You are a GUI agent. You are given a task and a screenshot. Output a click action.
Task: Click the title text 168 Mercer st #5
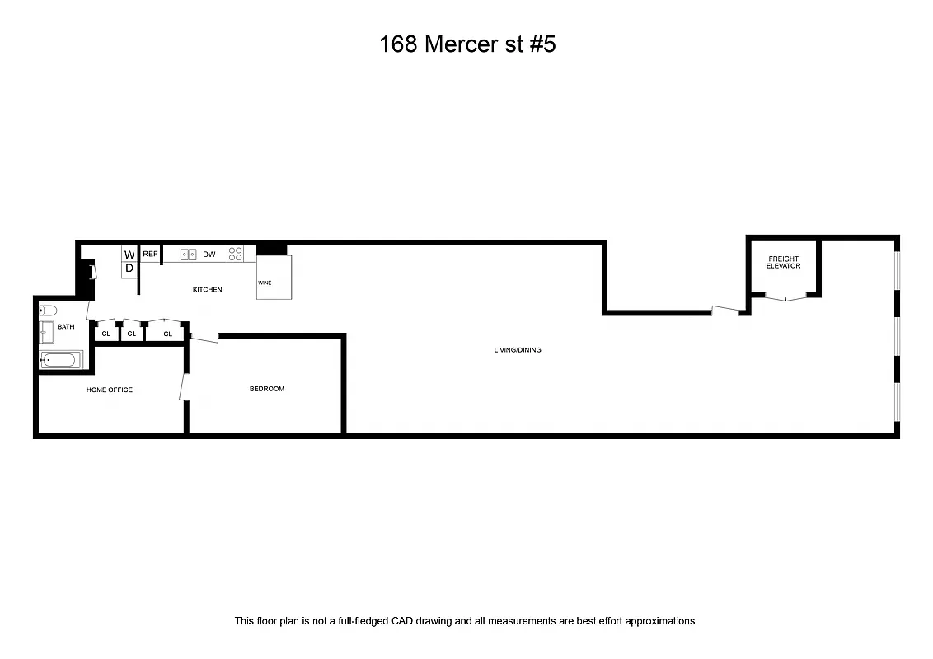click(467, 44)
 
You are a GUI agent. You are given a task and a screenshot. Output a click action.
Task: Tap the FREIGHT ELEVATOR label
click(783, 263)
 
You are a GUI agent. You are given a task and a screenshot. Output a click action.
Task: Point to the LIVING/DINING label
click(518, 350)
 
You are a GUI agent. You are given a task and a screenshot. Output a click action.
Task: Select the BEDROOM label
click(267, 389)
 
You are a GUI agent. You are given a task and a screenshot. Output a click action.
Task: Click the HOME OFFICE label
click(110, 390)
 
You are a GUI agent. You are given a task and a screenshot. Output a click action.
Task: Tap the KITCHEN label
click(208, 290)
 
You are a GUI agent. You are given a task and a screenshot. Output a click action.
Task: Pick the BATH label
click(66, 327)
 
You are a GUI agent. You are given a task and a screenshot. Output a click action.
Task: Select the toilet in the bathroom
click(47, 311)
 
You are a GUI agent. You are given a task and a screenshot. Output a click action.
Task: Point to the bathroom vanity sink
click(46, 332)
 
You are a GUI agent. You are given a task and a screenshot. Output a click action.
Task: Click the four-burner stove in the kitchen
click(236, 255)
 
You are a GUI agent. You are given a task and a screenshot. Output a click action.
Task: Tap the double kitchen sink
click(189, 255)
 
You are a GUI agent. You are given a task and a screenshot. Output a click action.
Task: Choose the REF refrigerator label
click(150, 254)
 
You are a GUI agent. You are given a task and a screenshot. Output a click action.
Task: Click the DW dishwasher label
click(209, 255)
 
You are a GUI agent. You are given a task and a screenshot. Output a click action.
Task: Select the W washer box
click(129, 255)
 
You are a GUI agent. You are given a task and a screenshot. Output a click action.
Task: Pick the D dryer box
click(129, 269)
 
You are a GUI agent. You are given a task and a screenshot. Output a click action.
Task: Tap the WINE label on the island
click(265, 283)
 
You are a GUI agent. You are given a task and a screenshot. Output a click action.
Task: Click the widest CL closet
click(168, 334)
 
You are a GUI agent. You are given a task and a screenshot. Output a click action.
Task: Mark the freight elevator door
click(784, 297)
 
